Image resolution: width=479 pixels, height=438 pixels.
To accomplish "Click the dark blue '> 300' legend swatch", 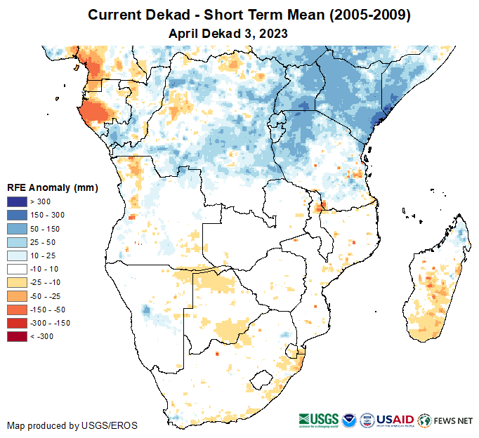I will (18, 201).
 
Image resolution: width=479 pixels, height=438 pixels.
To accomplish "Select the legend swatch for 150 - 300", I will (18, 215).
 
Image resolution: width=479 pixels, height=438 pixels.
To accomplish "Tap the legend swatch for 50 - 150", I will (18, 228).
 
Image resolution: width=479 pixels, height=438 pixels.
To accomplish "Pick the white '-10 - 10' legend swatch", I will (18, 269).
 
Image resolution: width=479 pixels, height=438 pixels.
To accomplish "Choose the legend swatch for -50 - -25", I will (18, 296).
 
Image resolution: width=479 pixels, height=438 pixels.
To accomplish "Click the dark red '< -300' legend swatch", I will (18, 336).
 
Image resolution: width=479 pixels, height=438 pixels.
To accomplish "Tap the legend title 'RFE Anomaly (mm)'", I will (52, 187).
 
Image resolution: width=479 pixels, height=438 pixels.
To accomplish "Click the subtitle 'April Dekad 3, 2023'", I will (228, 34).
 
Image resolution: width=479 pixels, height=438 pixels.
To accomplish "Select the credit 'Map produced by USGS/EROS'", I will (72, 425).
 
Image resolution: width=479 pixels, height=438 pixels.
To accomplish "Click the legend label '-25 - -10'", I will (44, 282).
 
